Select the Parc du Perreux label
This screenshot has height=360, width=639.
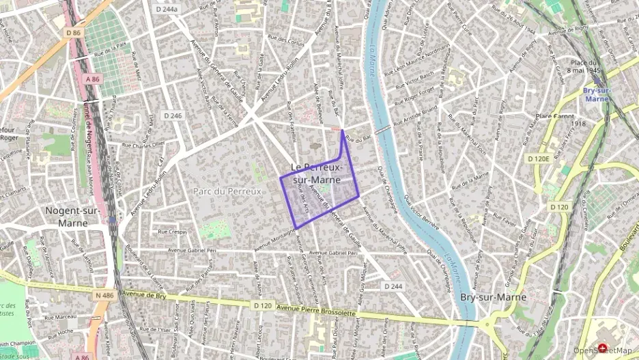pos(227,191)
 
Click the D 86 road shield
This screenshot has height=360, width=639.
pos(74,33)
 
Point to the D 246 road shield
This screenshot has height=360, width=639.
pos(173,116)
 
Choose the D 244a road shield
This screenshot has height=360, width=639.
pos(166,9)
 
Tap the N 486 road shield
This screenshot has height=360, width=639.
pos(104,295)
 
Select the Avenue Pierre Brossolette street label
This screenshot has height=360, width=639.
pos(316,309)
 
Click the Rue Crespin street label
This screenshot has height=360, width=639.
pos(172,232)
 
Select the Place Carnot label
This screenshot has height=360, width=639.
pos(554,115)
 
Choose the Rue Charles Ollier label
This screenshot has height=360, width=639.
pos(143,144)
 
